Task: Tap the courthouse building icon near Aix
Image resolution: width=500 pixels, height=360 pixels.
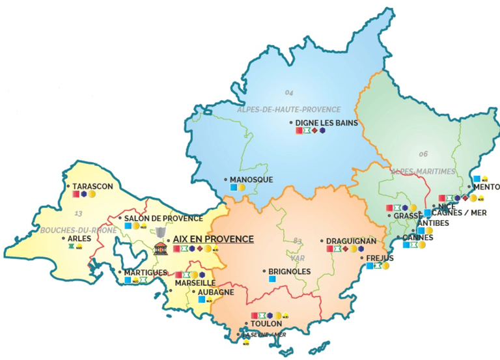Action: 159,248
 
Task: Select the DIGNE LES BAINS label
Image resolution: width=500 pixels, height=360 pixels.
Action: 326,122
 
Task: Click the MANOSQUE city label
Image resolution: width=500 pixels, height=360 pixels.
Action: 251,179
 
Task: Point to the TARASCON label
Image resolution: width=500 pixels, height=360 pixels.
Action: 93,186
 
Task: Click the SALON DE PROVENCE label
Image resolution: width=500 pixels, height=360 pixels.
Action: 163,218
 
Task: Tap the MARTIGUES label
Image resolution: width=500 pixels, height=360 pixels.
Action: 146,272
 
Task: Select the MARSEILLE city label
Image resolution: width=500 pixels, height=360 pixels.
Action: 195,283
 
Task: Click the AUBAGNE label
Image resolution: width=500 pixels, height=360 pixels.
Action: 215,292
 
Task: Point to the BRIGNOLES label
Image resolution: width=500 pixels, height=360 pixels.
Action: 290,271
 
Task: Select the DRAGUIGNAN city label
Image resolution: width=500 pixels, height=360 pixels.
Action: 351,240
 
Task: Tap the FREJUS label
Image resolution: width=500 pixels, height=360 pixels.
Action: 380,258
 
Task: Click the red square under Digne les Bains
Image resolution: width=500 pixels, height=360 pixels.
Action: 299,131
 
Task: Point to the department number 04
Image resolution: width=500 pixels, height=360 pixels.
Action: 290,92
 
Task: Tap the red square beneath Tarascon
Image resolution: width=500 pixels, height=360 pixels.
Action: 76,194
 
